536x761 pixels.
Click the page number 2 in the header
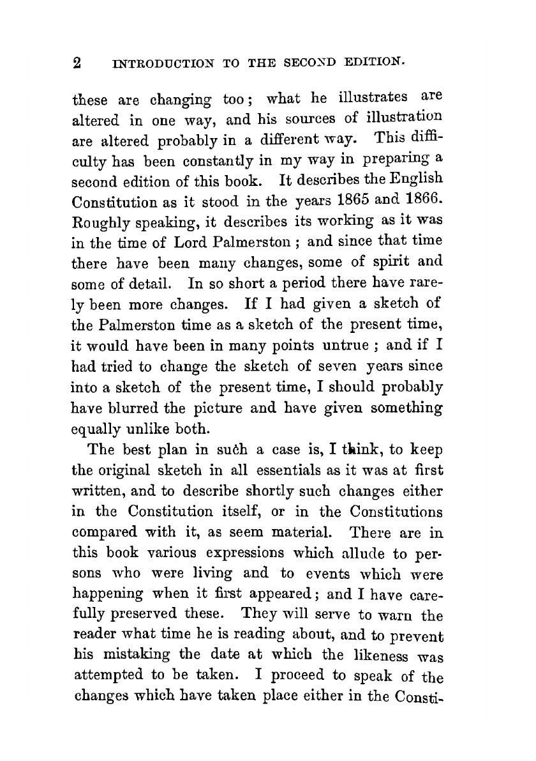point(78,63)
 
